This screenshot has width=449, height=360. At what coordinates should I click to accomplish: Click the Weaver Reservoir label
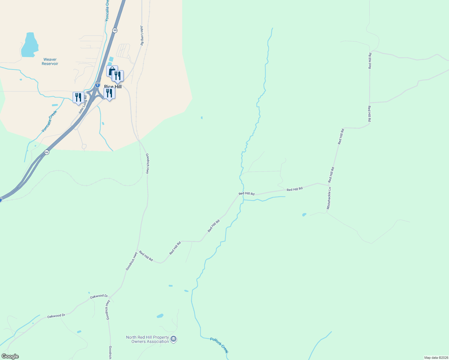50,61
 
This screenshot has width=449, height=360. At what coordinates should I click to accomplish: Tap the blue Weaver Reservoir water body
29,45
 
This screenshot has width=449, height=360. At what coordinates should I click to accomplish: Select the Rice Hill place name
113,87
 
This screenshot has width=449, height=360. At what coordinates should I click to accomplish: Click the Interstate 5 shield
98,85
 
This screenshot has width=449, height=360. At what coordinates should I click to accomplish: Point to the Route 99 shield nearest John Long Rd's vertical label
115,30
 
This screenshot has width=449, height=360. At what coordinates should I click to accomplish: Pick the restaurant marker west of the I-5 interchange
78,97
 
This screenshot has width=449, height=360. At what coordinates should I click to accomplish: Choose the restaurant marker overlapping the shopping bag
118,76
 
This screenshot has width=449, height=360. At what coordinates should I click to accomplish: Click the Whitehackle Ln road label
329,198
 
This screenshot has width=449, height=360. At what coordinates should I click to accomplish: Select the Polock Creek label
219,345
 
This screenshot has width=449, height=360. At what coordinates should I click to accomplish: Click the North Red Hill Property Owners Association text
147,339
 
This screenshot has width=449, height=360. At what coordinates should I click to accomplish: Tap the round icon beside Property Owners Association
173,339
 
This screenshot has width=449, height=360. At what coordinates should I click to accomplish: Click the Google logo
10,356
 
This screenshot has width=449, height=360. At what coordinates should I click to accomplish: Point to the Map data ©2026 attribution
436,358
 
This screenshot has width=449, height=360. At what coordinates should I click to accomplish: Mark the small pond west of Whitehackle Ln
304,215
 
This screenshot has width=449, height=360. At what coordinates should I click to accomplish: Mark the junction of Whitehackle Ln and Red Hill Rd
330,185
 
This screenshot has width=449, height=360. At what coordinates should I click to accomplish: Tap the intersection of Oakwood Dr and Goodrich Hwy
110,297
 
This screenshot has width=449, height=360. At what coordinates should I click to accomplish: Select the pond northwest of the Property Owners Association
160,316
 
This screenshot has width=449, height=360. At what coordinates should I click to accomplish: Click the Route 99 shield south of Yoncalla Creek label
47,152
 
